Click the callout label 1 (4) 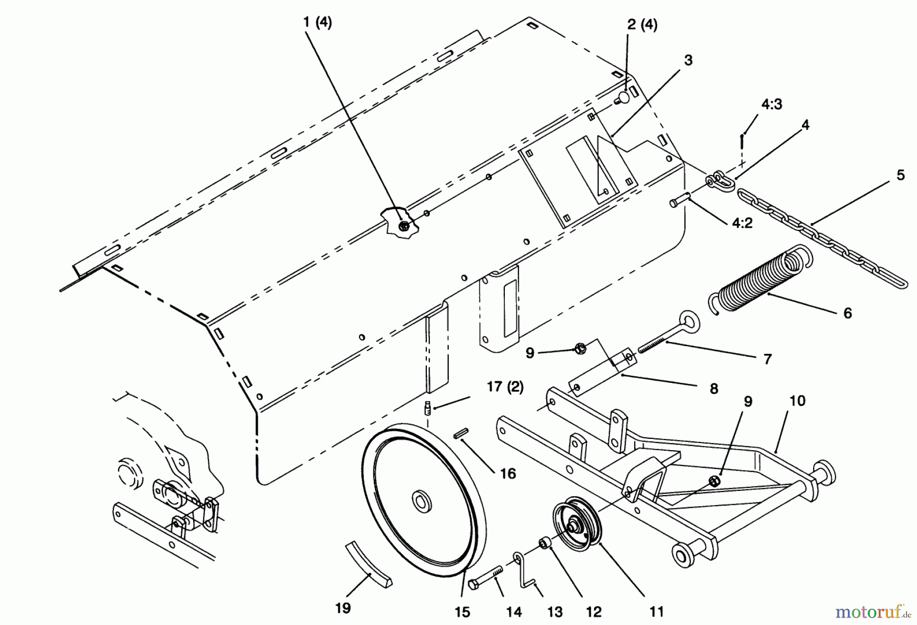coord(317,23)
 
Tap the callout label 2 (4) coord(642,25)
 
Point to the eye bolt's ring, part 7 coord(691,323)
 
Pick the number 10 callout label coord(797,401)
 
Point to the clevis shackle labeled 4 coord(719,180)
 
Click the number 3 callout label coord(688,60)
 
